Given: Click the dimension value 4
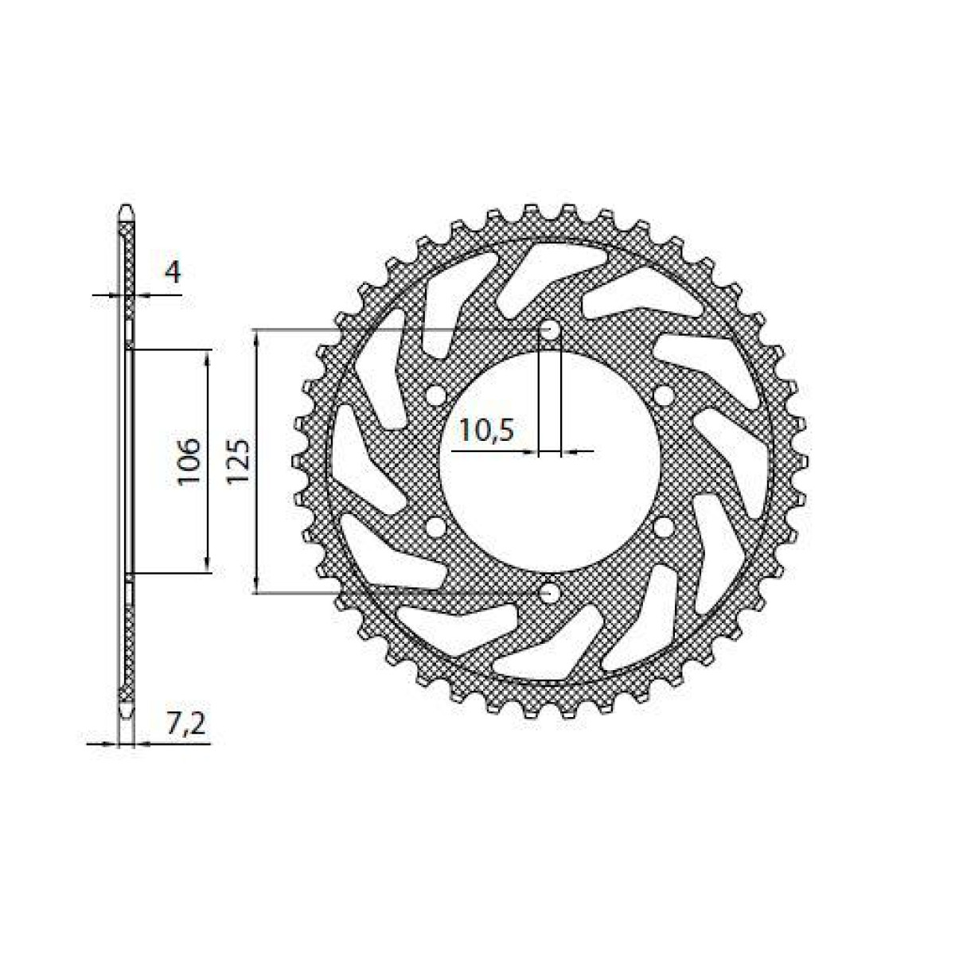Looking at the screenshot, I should click(x=173, y=272).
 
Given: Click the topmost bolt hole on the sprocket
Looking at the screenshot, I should click(x=549, y=330).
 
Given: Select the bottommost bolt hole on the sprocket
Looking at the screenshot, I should click(x=549, y=593).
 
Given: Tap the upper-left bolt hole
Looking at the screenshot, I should click(x=435, y=396).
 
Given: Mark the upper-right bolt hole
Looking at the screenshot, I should click(x=662, y=396).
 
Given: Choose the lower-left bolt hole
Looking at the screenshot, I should click(x=435, y=528).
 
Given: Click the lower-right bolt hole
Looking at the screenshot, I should click(x=662, y=528).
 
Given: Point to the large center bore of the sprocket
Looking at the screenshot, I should click(x=549, y=462).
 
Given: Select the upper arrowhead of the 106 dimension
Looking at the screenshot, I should click(x=209, y=358).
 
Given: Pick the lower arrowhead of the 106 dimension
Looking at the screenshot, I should click(x=209, y=563).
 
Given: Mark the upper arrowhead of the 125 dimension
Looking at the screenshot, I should click(x=256, y=337).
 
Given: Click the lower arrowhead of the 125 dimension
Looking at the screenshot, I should click(x=256, y=584).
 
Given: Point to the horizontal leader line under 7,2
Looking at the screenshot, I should click(x=171, y=744).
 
